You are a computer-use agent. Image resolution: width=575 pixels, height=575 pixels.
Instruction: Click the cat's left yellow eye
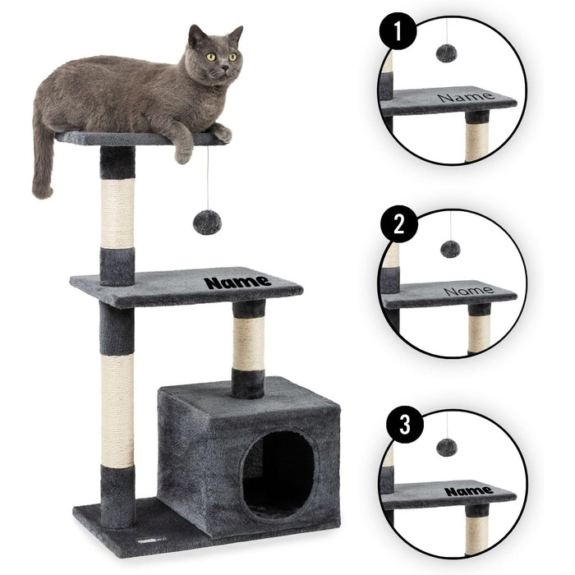[211, 57]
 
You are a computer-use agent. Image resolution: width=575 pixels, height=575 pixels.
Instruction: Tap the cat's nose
[224, 68]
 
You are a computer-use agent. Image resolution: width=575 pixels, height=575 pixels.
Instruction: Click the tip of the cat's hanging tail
[42, 193]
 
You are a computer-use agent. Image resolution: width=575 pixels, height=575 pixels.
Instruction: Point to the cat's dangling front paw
[183, 155]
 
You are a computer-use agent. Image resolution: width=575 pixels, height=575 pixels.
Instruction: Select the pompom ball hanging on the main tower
[207, 223]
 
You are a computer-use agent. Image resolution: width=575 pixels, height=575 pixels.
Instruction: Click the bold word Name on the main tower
[237, 282]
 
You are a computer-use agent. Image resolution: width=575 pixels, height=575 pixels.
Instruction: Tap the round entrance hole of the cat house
[279, 474]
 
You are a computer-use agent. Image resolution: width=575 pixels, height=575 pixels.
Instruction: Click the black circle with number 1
[398, 32]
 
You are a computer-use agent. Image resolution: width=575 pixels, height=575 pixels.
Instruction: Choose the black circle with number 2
[399, 223]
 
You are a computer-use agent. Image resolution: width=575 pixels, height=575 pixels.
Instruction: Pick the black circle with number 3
[404, 425]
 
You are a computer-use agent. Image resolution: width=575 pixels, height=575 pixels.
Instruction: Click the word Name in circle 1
[466, 97]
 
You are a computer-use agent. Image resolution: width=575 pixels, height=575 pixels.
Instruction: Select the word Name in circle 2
[469, 291]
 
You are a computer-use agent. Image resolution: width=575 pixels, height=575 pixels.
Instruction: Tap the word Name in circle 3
[469, 490]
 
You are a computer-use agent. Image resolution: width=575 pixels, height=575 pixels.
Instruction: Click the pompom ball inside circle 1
[445, 53]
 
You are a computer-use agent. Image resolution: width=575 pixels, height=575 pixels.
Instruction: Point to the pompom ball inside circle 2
[450, 249]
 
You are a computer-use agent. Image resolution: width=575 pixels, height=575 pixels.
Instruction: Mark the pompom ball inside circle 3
[447, 448]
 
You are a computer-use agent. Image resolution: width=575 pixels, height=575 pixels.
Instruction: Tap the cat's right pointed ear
[235, 35]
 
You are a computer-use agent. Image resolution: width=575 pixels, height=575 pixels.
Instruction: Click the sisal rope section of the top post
[117, 213]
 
